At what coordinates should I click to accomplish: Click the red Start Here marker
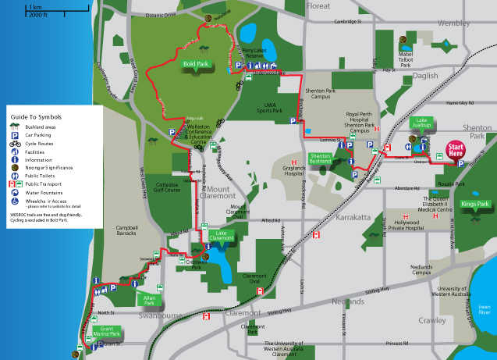point(456,151)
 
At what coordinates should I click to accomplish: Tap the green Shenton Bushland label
point(322,158)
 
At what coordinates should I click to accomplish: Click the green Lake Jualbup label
point(422,125)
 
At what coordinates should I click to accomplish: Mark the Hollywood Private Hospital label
point(405,225)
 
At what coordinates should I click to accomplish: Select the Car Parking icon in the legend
point(15,135)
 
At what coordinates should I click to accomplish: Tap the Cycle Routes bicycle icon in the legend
point(15,144)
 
